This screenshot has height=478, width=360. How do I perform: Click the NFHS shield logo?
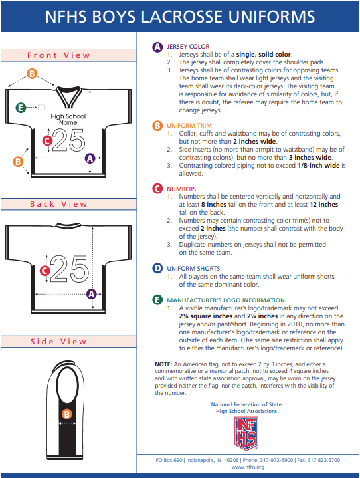(x=246, y=433)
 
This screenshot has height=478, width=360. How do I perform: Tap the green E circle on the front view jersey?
(x=21, y=108)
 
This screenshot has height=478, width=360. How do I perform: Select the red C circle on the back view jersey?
(x=45, y=271)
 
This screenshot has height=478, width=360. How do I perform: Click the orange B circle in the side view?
(x=67, y=414)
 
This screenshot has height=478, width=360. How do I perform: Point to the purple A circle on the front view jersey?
(x=90, y=158)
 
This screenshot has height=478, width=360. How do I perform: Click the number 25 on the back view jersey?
(x=70, y=269)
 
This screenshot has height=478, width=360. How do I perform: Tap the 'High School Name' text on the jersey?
(x=68, y=119)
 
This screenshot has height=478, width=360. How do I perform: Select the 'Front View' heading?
(x=58, y=55)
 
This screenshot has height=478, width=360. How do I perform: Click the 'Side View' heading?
(x=58, y=342)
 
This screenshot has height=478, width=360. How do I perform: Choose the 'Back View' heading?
(x=58, y=204)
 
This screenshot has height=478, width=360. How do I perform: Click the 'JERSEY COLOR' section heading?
(x=188, y=47)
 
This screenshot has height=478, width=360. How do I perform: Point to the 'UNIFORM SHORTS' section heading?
(x=193, y=269)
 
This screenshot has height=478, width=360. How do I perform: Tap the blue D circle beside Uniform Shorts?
(x=157, y=269)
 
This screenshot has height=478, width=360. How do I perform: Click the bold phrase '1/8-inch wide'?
(x=318, y=166)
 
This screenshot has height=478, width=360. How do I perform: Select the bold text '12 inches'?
(x=323, y=205)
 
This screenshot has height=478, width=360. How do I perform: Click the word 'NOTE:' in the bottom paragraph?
(x=163, y=364)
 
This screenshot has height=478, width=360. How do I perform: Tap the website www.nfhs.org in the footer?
(x=248, y=467)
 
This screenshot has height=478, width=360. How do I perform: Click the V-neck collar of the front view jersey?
(x=68, y=97)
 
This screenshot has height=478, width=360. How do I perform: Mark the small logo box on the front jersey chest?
(x=41, y=107)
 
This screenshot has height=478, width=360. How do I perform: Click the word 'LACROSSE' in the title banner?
(x=181, y=17)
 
